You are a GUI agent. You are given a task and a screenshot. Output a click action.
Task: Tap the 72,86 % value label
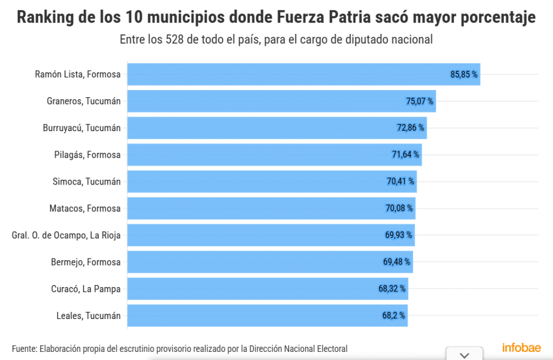pos(410,128)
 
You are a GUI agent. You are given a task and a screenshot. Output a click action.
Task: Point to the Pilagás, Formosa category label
pos(87,155)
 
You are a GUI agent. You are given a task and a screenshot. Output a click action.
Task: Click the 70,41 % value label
pos(401,181)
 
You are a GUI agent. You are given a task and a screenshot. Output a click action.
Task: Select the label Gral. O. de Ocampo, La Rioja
pos(66,235)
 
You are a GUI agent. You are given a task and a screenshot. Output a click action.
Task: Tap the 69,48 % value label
pos(397,262)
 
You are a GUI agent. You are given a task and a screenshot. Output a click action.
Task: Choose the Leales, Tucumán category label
pos(89,316)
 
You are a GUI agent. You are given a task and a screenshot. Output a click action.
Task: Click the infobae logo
pos(522,347)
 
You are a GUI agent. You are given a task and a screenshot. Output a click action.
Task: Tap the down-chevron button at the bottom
pos(463,355)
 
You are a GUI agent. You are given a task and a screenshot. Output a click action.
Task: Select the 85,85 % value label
pos(464,74)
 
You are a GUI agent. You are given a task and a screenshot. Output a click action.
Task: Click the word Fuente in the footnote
pos(24,349)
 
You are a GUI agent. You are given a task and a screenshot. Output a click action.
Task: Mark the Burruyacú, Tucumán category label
pos(82,128)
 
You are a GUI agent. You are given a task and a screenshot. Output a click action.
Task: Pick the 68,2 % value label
pos(394,316)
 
